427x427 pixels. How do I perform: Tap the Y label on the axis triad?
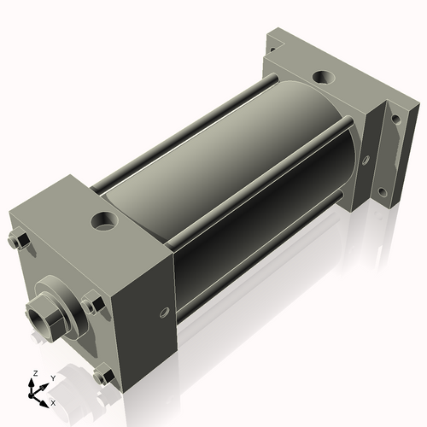[52, 377]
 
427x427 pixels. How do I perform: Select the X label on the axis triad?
[54, 401]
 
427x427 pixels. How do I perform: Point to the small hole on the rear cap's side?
[366, 159]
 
